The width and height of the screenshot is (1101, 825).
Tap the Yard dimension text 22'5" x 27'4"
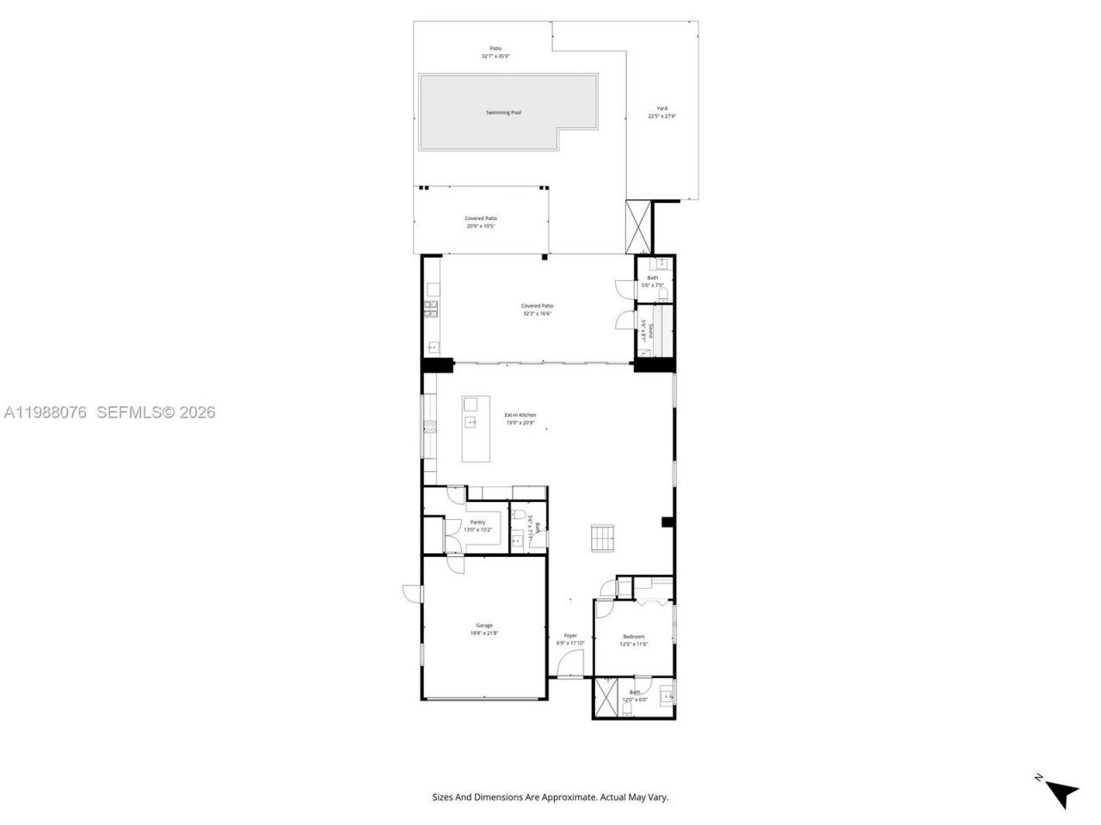[x=662, y=117]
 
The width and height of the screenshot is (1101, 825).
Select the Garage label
[x=484, y=625]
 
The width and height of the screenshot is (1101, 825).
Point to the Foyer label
[x=570, y=636]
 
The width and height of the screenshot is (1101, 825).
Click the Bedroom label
[x=634, y=637]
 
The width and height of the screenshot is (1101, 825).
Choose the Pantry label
[x=477, y=522]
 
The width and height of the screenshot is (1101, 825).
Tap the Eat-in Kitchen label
[x=520, y=415]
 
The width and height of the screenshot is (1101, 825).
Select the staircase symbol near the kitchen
[x=603, y=538]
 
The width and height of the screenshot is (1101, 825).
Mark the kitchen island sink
[x=471, y=422]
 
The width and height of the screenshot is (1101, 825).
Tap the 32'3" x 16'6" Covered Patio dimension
[x=537, y=314]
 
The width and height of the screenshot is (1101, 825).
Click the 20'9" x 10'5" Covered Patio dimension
[x=481, y=227]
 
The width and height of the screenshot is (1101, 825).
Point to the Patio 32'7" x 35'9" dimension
[x=495, y=57]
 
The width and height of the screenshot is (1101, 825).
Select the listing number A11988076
[x=46, y=412]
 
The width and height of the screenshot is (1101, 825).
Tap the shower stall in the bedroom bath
[x=606, y=698]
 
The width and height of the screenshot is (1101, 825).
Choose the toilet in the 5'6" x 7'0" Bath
[x=661, y=295]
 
